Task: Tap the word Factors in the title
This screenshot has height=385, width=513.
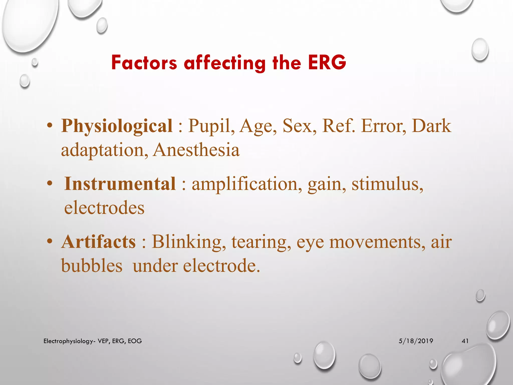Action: (144, 62)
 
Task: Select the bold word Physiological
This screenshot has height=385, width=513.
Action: (117, 126)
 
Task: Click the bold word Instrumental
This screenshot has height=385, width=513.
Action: (120, 184)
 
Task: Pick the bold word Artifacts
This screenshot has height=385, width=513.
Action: (99, 242)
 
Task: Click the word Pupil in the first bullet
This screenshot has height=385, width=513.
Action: (209, 126)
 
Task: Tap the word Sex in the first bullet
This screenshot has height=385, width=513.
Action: (297, 126)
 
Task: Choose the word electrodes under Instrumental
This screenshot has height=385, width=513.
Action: (104, 208)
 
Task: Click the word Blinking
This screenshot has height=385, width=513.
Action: (187, 242)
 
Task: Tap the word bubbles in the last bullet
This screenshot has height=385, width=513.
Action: (92, 266)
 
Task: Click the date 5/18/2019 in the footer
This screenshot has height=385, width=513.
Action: (416, 341)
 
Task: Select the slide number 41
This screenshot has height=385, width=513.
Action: (465, 341)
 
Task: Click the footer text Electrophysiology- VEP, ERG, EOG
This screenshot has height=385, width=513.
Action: (93, 341)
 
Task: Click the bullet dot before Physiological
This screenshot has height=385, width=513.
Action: (50, 125)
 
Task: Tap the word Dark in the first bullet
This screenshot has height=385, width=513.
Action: (431, 126)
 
